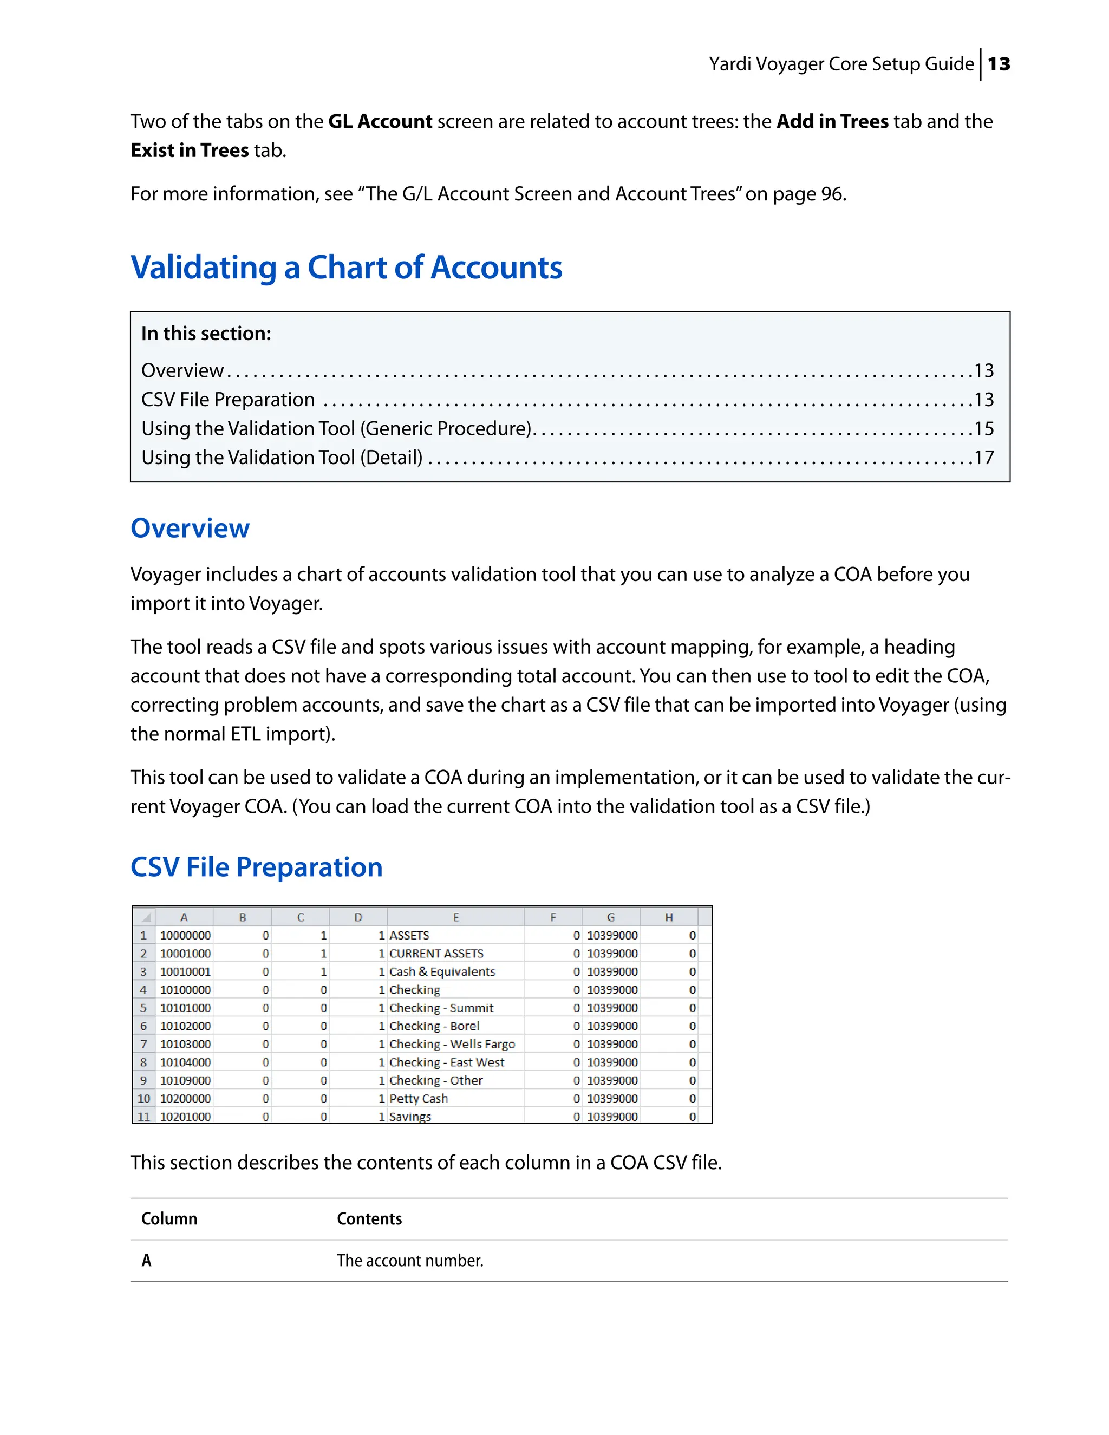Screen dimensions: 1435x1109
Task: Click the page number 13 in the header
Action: [x=999, y=64]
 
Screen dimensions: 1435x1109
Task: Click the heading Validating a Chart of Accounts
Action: [x=346, y=268]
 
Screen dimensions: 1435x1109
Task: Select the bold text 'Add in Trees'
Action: [x=832, y=121]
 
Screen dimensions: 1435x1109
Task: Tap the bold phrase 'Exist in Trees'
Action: [x=189, y=151]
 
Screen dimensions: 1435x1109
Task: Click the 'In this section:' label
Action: [x=206, y=334]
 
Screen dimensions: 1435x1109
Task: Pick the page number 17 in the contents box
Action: [x=983, y=458]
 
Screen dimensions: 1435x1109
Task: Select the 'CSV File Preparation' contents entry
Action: [x=228, y=400]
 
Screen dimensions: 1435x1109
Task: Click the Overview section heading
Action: [x=190, y=529]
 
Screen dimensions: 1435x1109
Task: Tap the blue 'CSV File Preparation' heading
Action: [x=256, y=867]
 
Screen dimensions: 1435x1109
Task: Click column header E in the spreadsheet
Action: [x=455, y=917]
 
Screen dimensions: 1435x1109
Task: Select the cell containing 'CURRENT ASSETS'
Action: [x=436, y=954]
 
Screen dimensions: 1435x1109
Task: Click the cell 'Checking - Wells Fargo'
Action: [x=452, y=1044]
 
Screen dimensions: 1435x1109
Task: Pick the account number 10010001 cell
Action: [x=185, y=972]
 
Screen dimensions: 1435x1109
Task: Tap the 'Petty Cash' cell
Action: [x=419, y=1099]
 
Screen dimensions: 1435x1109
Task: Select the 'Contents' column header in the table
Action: [x=369, y=1219]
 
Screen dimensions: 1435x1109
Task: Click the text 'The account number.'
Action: [x=410, y=1260]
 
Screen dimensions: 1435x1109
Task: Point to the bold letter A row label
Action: [x=147, y=1260]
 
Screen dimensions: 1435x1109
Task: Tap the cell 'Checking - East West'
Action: [x=447, y=1062]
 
